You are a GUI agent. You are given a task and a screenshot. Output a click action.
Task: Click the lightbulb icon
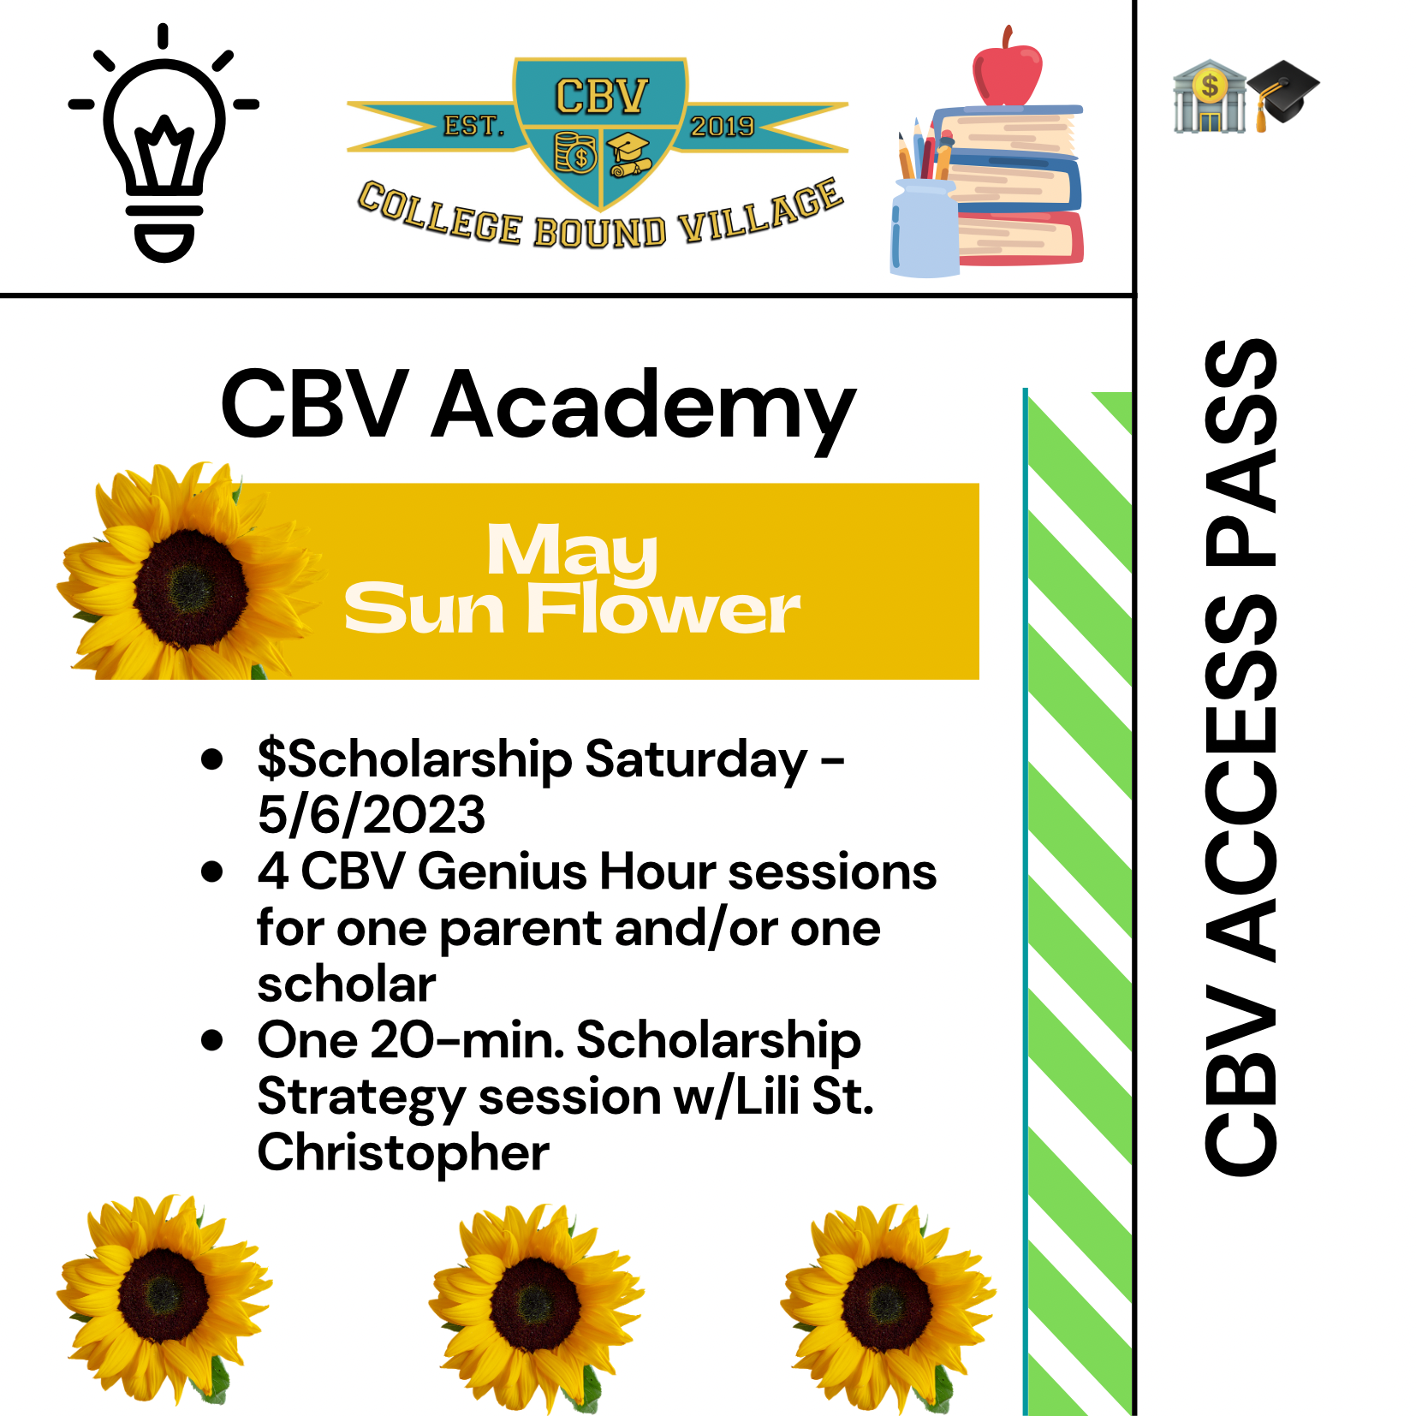coord(164,143)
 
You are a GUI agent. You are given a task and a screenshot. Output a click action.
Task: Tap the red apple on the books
coord(1007,67)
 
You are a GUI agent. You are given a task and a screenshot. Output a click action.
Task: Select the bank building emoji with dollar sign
coord(1209,96)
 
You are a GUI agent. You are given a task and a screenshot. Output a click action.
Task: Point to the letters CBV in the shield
coord(602,97)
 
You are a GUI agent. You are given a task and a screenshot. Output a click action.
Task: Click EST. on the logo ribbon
coord(473,127)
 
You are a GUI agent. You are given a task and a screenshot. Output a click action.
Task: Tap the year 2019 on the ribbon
coord(723,127)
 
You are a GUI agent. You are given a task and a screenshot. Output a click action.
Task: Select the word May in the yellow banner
coord(572,552)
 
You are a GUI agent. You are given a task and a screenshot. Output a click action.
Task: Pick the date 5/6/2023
coord(372,814)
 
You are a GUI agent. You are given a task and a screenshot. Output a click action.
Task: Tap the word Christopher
coord(403,1155)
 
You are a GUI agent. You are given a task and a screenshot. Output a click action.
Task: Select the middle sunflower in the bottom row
coord(535,1306)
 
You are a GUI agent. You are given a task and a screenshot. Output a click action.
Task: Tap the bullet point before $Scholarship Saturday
coord(211,759)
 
